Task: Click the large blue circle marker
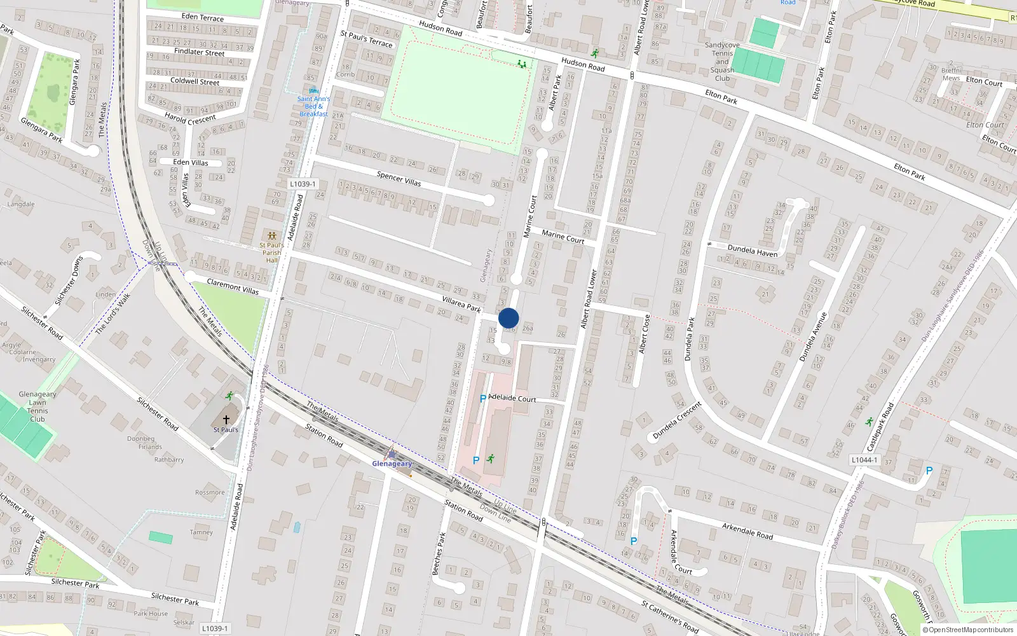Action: [x=508, y=318]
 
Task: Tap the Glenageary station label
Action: [x=392, y=464]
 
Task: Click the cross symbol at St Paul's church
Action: [x=226, y=420]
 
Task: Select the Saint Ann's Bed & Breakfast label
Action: [x=313, y=106]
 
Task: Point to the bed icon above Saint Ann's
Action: [x=313, y=91]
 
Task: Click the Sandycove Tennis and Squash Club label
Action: [x=722, y=62]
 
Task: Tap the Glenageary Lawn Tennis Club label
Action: [x=38, y=406]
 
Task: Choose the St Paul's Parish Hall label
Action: [x=272, y=252]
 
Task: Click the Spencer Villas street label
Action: [x=399, y=179]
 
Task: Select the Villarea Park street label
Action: [x=461, y=304]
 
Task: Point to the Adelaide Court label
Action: [x=512, y=398]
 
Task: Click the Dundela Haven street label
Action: [x=752, y=251]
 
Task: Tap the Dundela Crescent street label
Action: [x=677, y=420]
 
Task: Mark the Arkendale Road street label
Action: [x=747, y=531]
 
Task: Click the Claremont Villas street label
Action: [x=233, y=286]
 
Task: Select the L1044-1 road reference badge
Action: [x=864, y=460]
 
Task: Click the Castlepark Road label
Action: [x=880, y=427]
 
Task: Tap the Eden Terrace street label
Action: [x=202, y=17]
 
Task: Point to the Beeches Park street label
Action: [x=439, y=554]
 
